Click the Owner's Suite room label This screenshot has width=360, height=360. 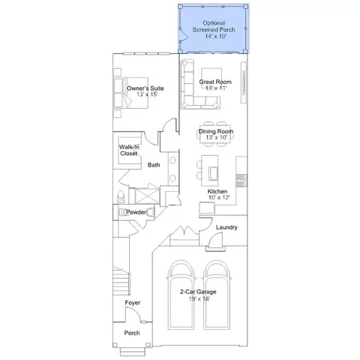click(x=145, y=88)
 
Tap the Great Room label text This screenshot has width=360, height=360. click(x=215, y=82)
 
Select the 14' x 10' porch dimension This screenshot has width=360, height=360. click(x=216, y=36)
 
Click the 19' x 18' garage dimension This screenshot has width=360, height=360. click(x=199, y=298)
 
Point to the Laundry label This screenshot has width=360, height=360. click(x=226, y=227)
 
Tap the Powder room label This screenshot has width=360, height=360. click(x=136, y=212)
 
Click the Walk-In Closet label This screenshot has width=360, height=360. click(x=129, y=150)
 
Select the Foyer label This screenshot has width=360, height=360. click(x=133, y=303)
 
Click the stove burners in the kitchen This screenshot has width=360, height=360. click(x=241, y=181)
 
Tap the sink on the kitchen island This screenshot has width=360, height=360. click(x=213, y=173)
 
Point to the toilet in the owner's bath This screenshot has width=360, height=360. click(x=121, y=196)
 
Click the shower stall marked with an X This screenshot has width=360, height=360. click(x=147, y=196)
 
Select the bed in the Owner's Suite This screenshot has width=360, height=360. click(x=130, y=93)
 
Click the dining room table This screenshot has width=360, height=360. click(x=215, y=134)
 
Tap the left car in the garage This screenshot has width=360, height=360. click(x=181, y=295)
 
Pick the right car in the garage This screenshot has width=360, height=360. click(x=216, y=295)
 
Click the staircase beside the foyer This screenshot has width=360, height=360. click(x=121, y=280)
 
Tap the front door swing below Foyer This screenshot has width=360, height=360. click(x=133, y=315)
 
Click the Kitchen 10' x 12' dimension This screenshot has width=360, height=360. click(x=219, y=197)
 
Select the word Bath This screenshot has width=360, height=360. click(x=154, y=165)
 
